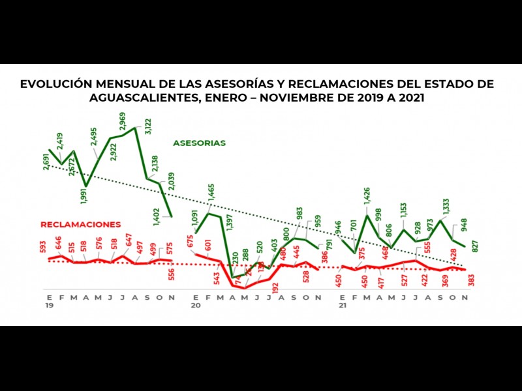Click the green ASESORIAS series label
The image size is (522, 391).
(x=200, y=143)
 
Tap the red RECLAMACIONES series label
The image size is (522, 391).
(x=81, y=224)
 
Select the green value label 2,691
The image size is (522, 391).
(x=46, y=160)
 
